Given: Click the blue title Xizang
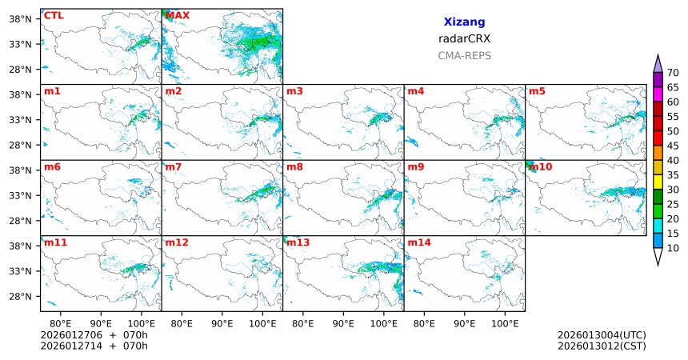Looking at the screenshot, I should pyautogui.click(x=464, y=22).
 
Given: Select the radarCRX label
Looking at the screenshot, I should pyautogui.click(x=464, y=38).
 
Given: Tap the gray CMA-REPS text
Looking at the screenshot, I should pyautogui.click(x=464, y=56).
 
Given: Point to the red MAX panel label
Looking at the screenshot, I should pyautogui.click(x=178, y=15).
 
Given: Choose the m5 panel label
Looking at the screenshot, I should pyautogui.click(x=536, y=91).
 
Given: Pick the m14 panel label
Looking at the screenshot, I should pyautogui.click(x=418, y=242).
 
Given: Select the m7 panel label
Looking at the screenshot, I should pyautogui.click(x=173, y=167).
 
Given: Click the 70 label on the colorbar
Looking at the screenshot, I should pyautogui.click(x=673, y=73).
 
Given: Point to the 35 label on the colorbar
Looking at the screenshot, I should pyautogui.click(x=673, y=174).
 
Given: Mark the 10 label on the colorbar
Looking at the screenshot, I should pyautogui.click(x=673, y=249).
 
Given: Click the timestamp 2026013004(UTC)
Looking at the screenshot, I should pyautogui.click(x=602, y=335).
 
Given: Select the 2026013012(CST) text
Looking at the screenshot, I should pyautogui.click(x=602, y=346).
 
